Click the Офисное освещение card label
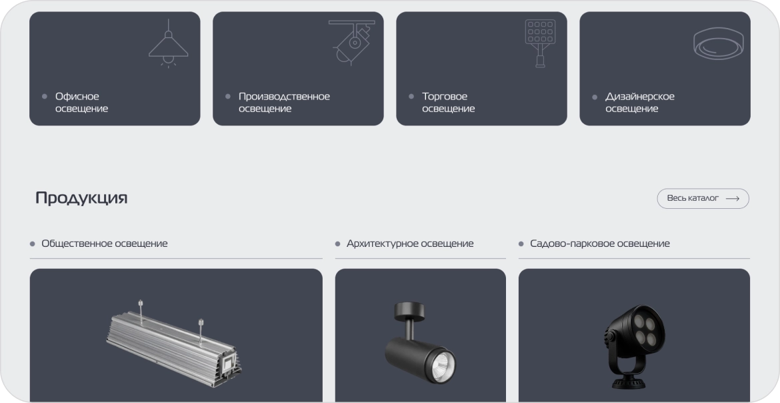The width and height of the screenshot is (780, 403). [x=81, y=102]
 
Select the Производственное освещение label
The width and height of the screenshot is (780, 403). [x=284, y=102]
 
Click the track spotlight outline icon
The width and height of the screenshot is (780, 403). [x=352, y=42]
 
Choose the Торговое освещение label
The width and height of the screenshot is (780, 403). [x=448, y=102]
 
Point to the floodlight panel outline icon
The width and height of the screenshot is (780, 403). [x=540, y=43]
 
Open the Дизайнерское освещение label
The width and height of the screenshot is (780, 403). [x=640, y=102]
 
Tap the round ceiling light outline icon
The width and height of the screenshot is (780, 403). [x=719, y=43]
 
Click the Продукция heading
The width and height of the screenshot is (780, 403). [x=81, y=197]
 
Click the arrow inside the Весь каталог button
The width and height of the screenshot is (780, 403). [x=733, y=198]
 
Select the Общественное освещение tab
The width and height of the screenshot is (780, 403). [x=105, y=244]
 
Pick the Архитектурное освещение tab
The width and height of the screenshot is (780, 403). [x=410, y=244]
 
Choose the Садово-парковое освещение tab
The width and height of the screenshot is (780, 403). [x=600, y=244]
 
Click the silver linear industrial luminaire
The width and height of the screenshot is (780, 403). [x=173, y=343]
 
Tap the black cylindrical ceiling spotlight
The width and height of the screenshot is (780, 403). [x=421, y=343]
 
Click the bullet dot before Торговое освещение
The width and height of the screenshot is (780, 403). [x=411, y=96]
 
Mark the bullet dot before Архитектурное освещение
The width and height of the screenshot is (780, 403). [x=338, y=244]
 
